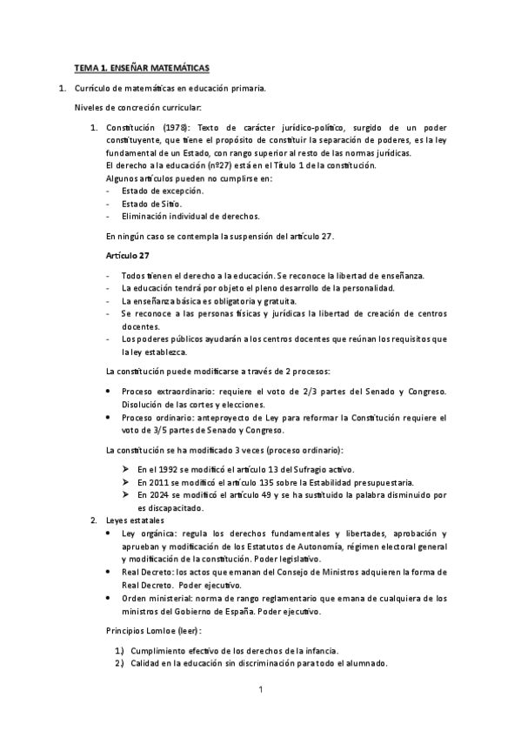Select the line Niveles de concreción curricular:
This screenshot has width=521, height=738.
tap(137, 107)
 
